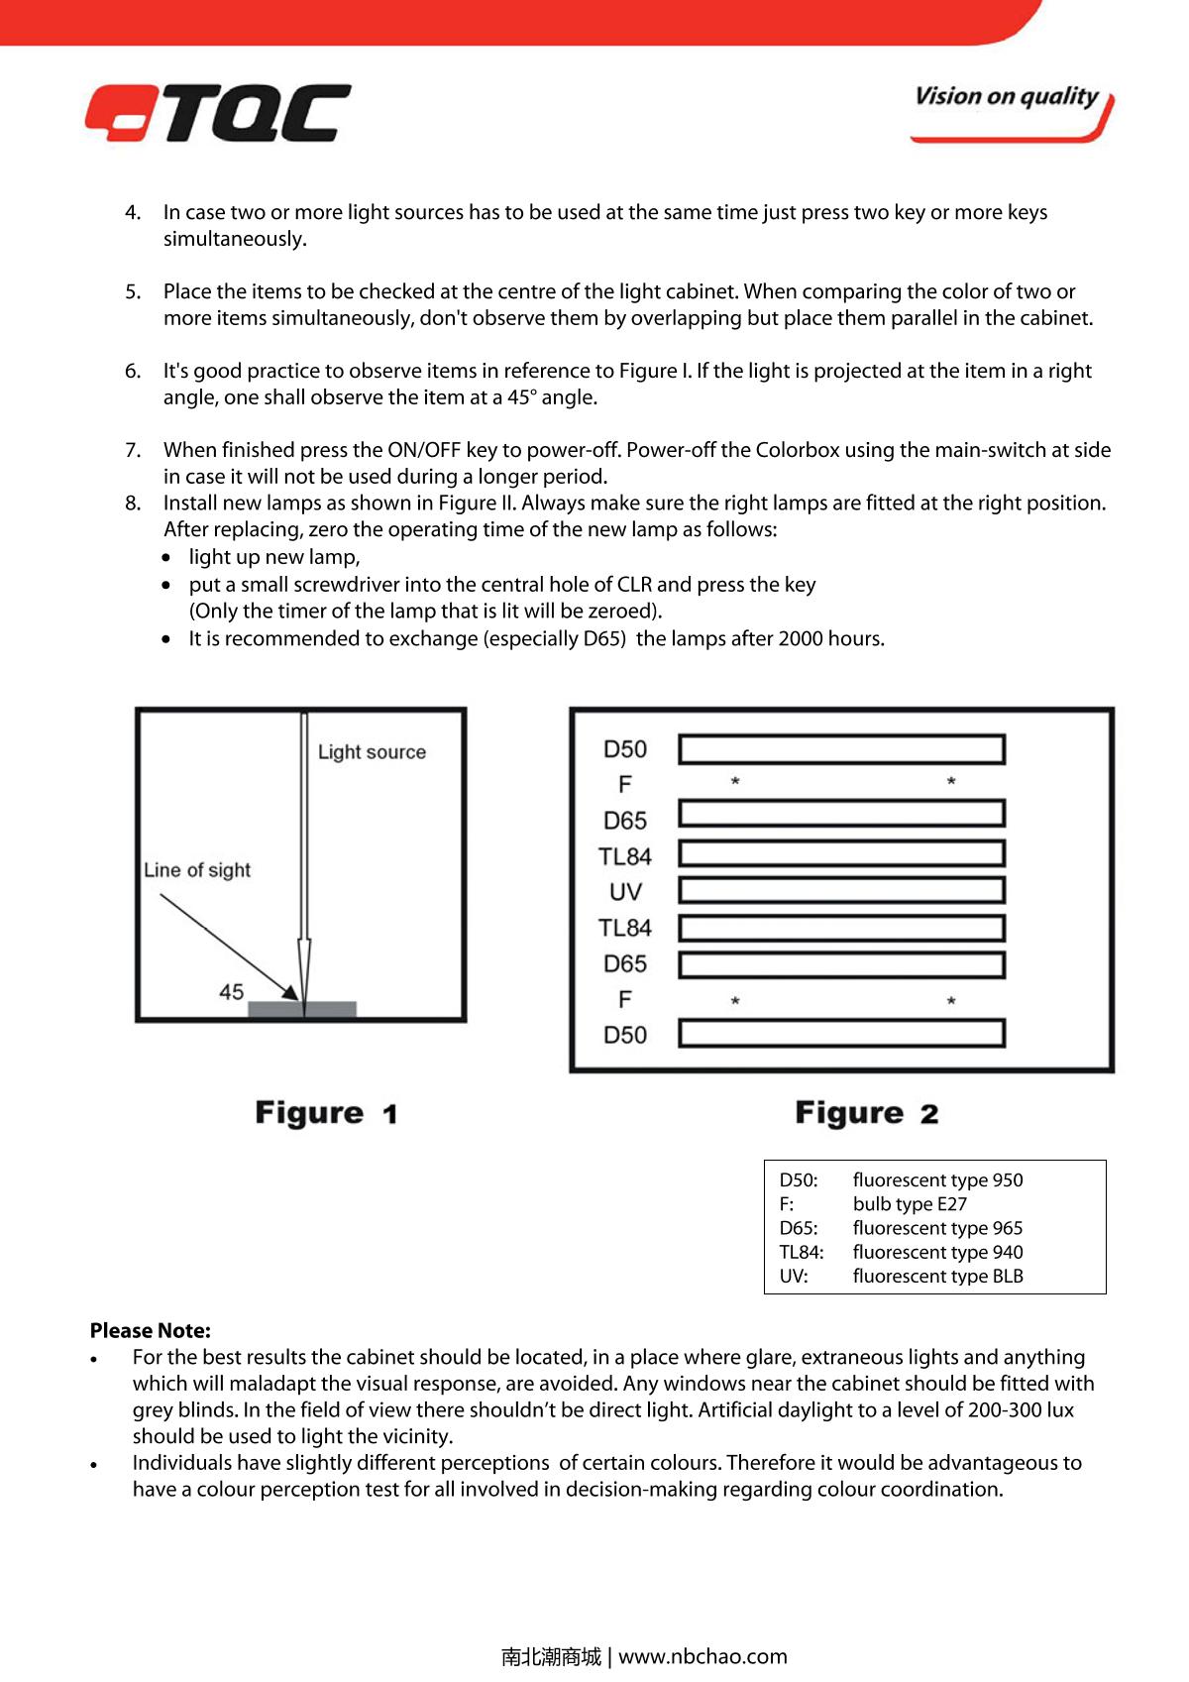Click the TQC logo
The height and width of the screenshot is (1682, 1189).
tap(218, 112)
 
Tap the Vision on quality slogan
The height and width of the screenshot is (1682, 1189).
tap(1007, 97)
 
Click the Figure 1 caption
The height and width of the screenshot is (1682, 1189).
tap(326, 1113)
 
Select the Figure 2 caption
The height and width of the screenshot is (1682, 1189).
tap(866, 1113)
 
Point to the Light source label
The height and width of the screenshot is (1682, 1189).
tap(372, 752)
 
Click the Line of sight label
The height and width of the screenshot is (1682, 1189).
tap(197, 870)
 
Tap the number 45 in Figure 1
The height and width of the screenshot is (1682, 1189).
tap(232, 992)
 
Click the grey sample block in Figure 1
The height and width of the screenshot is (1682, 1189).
tap(301, 1009)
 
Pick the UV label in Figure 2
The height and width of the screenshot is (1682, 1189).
tap(625, 892)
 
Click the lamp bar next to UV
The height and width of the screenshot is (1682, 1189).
tap(841, 889)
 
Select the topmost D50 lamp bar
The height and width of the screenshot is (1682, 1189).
tap(841, 749)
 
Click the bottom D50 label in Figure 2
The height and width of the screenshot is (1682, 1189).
tap(625, 1035)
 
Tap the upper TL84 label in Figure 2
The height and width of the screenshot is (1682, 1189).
tap(625, 856)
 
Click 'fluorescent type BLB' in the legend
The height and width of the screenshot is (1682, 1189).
tap(937, 1277)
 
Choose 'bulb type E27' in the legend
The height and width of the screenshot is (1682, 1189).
tap(910, 1204)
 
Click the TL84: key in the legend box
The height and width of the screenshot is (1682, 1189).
tap(801, 1253)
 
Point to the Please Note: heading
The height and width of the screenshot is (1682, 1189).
tap(151, 1331)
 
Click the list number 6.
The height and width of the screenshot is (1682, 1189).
tap(133, 371)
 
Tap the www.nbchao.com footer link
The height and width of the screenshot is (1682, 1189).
tap(703, 1656)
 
